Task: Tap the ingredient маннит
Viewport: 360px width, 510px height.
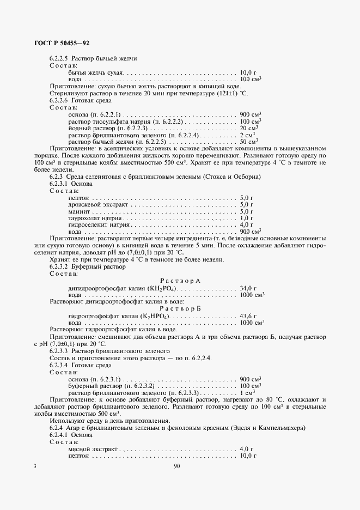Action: [79, 211]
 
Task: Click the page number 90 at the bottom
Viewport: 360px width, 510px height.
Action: [177, 466]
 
